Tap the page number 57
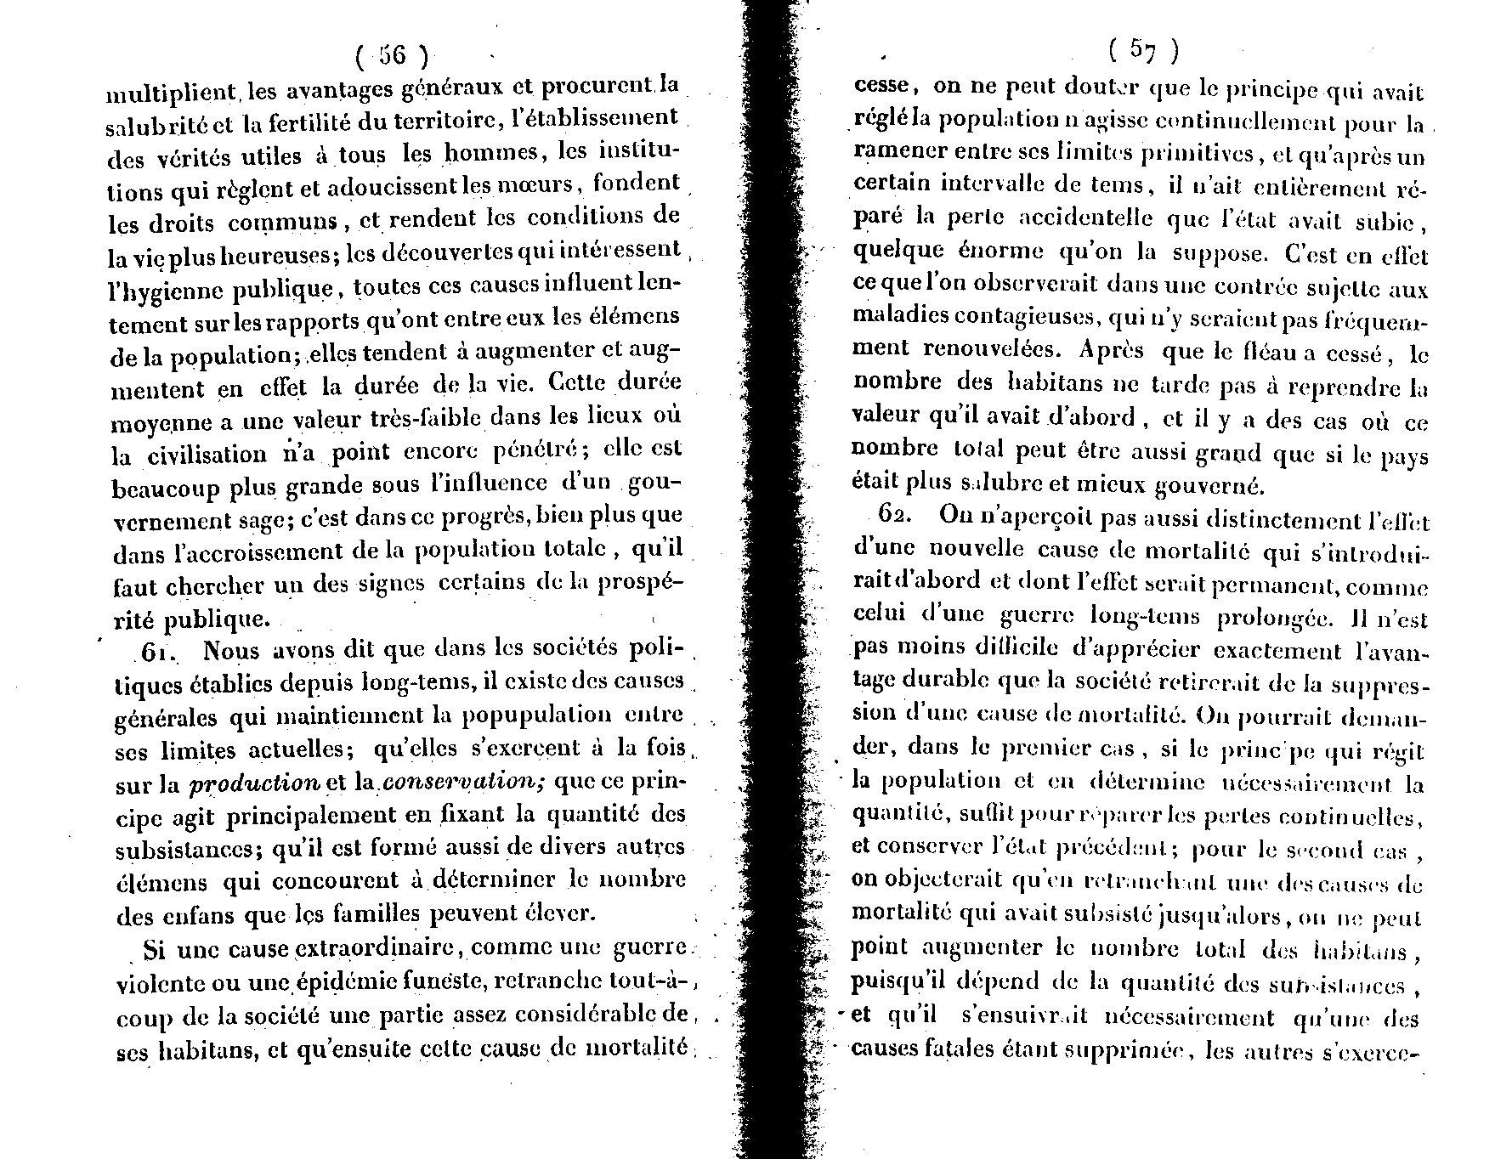[1144, 52]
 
